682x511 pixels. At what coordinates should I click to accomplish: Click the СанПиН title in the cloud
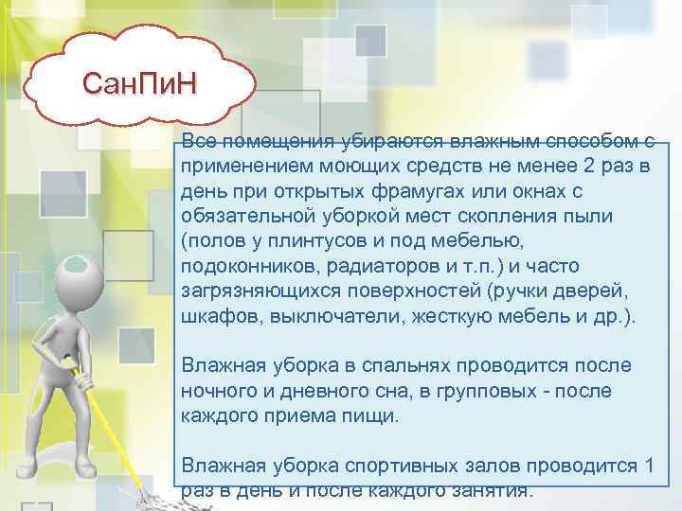click(140, 85)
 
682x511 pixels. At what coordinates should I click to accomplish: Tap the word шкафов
click(210, 315)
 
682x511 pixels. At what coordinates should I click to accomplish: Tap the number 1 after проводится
click(647, 465)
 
